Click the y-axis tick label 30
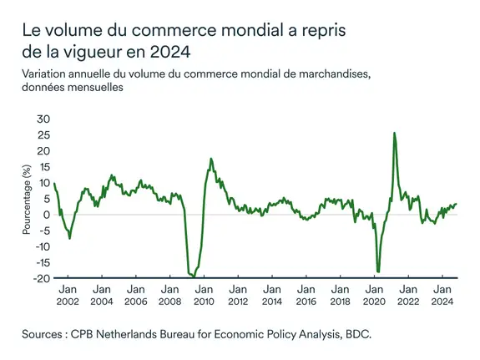pos(42,119)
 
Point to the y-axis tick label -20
pos(40,278)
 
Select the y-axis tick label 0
pos(45,215)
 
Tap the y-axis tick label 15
pos(43,166)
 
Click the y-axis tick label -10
pos(40,246)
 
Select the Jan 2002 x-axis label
pos(68,295)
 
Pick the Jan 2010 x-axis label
pos(204,295)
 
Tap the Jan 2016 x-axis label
pos(306,295)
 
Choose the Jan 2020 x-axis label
pos(374,295)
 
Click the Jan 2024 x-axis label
pos(442,295)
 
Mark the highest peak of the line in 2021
pos(394,133)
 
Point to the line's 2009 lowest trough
pos(193,276)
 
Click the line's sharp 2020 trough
pos(378,271)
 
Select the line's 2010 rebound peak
pos(210,159)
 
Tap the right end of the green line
pos(457,204)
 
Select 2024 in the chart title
pos(172,52)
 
